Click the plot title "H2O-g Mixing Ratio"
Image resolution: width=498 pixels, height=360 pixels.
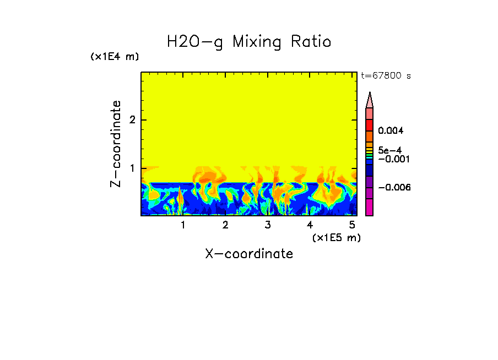coord(249,42)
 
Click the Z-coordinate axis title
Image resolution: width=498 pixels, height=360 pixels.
coord(116,144)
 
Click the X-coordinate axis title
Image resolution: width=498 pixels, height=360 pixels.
coord(249,254)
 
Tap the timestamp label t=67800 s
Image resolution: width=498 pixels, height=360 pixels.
coord(386,76)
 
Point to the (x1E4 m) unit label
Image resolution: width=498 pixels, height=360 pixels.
coord(115,57)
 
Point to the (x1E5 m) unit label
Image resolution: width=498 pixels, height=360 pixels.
coord(336,237)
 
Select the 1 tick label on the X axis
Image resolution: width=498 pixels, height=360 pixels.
coord(183,225)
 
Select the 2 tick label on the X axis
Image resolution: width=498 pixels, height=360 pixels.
coord(225,225)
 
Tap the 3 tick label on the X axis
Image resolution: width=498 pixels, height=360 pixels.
coord(268,225)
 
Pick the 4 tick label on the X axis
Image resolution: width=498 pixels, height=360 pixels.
coord(310,225)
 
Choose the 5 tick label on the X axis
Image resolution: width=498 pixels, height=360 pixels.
coord(352,225)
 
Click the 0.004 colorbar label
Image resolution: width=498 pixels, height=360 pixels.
coord(391,131)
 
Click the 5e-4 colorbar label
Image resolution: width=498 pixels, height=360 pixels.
coord(389,150)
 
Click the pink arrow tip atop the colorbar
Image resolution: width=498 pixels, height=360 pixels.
coord(370,100)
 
